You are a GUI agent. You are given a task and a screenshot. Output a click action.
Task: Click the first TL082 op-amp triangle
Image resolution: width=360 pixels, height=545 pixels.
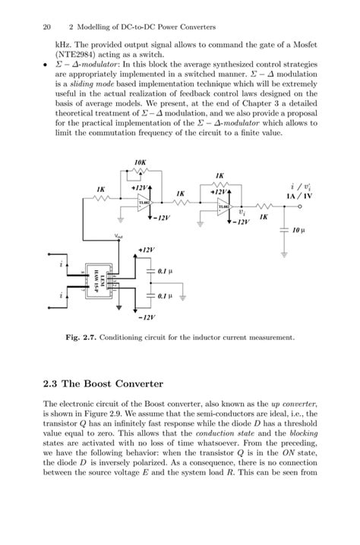click(143, 203)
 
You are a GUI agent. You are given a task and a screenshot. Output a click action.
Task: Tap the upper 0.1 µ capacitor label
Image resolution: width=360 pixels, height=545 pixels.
click(165, 270)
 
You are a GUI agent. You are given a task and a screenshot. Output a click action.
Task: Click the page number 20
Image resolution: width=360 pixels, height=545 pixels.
click(47, 27)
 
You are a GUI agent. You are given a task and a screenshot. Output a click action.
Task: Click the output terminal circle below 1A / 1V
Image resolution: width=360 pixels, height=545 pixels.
click(301, 205)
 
